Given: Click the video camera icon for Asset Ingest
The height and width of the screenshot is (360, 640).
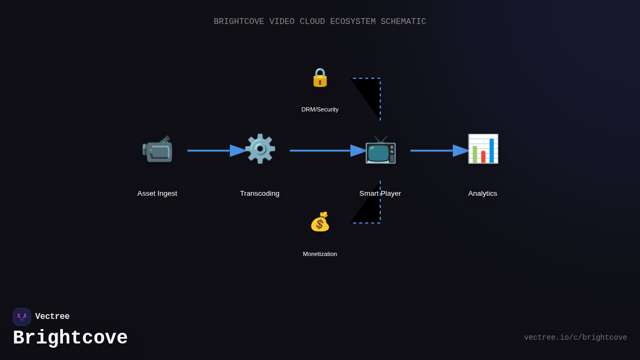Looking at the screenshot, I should pos(157,149).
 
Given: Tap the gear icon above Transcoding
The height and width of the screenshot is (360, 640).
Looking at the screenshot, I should pos(260,149).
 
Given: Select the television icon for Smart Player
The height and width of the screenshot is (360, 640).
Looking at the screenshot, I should pos(380,149).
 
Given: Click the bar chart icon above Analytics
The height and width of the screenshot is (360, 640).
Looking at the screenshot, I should pos(483,149).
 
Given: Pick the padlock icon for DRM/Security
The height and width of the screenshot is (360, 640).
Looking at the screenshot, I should pos(320,78).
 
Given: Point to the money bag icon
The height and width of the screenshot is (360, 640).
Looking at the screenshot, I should pos(320,222).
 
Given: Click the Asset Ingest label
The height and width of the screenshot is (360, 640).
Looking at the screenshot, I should pos(157,194).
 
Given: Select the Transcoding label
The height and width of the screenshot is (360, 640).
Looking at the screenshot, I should pos(260,194).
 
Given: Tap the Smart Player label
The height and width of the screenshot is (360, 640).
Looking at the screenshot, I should pos(380,194).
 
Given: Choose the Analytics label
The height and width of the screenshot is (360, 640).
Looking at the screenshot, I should pos(483,194).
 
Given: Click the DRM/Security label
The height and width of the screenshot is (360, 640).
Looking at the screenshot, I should pos(320,109).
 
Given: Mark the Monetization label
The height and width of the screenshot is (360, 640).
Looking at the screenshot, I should pos(320,254).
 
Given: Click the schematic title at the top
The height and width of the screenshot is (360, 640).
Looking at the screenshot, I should pos(320,22).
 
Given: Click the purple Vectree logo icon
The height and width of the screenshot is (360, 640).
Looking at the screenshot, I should pos(22,317).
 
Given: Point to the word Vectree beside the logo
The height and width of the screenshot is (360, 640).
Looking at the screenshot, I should pos(52,317).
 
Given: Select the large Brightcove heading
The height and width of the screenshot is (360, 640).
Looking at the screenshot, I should pos(70,338).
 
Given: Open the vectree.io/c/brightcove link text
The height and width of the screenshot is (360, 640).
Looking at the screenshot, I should pos(575,338).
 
